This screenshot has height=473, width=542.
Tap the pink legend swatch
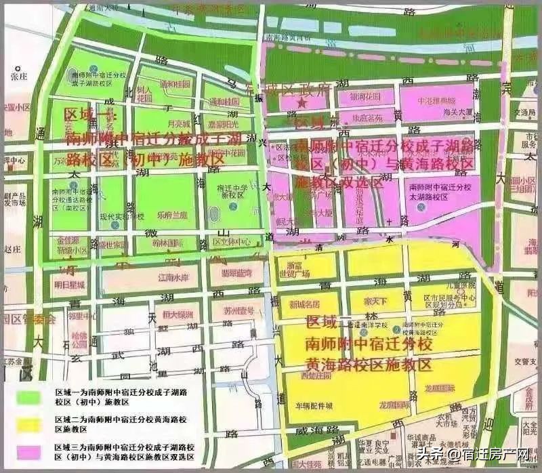tap(28, 452)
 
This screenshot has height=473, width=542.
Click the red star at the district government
tap(302, 104)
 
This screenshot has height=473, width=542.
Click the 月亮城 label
tap(159, 124)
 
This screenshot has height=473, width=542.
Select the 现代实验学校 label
tap(122, 216)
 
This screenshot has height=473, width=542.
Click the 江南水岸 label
tap(171, 276)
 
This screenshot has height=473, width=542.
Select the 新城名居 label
tap(304, 305)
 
